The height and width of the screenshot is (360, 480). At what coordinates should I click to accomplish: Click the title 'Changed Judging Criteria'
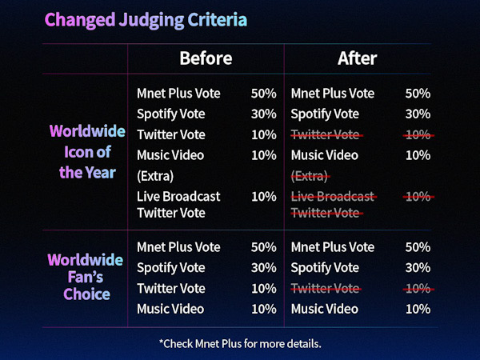pos(146,21)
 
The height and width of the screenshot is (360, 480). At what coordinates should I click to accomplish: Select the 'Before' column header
pos(206,58)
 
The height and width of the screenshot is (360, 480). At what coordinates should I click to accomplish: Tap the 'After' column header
pos(358,58)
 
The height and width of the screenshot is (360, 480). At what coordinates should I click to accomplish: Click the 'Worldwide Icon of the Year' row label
pos(87,152)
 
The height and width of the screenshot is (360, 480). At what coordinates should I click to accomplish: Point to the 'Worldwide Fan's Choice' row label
pos(86,277)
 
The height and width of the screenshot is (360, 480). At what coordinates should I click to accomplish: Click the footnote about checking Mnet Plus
pos(240,344)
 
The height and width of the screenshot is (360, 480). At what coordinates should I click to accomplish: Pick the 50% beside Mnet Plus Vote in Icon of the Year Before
pos(264,94)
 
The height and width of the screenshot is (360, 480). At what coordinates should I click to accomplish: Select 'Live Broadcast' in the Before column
pos(178,197)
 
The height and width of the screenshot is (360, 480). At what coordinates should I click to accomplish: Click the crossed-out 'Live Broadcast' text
pos(333,197)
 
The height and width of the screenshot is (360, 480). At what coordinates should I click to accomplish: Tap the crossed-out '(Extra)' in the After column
pos(310,176)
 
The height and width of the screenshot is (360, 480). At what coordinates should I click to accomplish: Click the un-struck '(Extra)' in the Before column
pos(155,176)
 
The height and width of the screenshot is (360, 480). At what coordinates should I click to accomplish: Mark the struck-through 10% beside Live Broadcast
pos(418,197)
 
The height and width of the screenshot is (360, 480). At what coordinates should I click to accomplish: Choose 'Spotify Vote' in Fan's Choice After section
pos(325,268)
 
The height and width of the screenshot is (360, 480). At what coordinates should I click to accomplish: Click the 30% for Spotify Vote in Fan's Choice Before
pos(264,268)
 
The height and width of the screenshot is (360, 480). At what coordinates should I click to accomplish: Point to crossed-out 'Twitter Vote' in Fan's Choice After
pos(326,288)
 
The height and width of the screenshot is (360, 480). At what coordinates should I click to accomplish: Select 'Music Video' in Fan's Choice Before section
pos(170,309)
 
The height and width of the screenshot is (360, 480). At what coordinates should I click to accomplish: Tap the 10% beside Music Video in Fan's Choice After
pos(418,309)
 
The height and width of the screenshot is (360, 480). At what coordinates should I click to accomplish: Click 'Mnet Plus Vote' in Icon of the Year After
pos(333,94)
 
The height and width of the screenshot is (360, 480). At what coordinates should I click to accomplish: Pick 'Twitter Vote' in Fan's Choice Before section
pos(171,288)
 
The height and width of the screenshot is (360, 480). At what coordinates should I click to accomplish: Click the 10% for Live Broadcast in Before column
pos(264,197)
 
